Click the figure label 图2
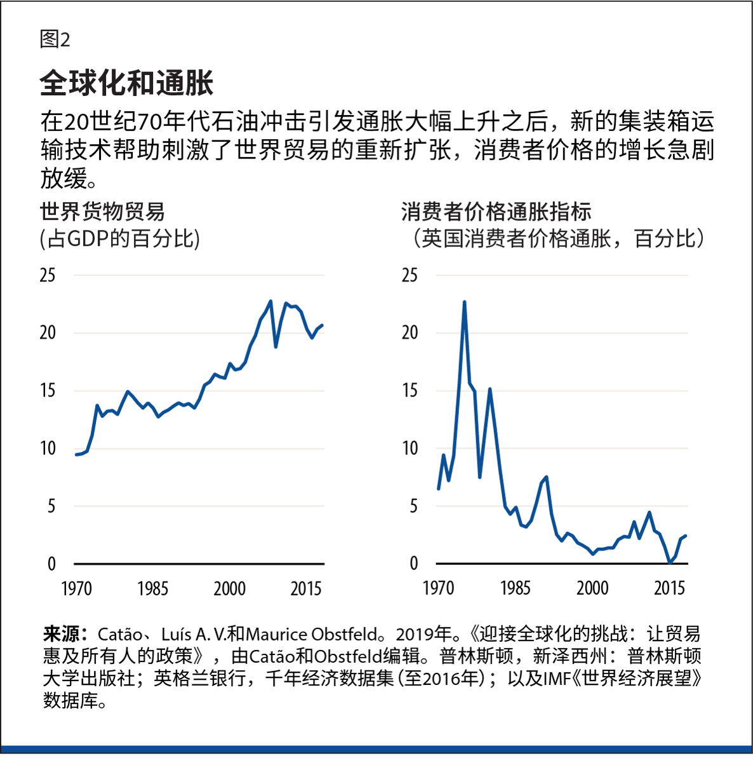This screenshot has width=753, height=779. pos(55,39)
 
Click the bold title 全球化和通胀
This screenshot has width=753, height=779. pos(126,83)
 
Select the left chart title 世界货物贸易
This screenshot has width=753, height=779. pos(102,211)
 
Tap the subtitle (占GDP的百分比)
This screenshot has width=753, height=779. pos(119,239)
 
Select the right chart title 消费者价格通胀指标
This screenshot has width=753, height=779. pos(496,211)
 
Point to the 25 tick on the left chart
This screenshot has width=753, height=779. pos(48,275)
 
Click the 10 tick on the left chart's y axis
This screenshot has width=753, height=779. pos(48,449)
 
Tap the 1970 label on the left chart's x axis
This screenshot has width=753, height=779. pos(77,588)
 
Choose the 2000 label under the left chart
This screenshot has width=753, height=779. pos(229,588)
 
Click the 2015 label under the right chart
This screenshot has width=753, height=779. pos(669,588)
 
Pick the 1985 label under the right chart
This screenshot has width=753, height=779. pos(515,588)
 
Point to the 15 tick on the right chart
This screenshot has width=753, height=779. pos(410,391)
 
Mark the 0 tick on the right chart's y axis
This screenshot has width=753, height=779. pos(414,564)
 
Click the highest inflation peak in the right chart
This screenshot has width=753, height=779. pos(464,302)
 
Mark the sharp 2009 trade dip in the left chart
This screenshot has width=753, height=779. pos(276,346)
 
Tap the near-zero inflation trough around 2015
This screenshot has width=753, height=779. pos(670,562)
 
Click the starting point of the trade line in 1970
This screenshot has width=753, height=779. pos(76,454)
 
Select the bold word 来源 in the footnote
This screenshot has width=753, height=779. pos(61,634)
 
